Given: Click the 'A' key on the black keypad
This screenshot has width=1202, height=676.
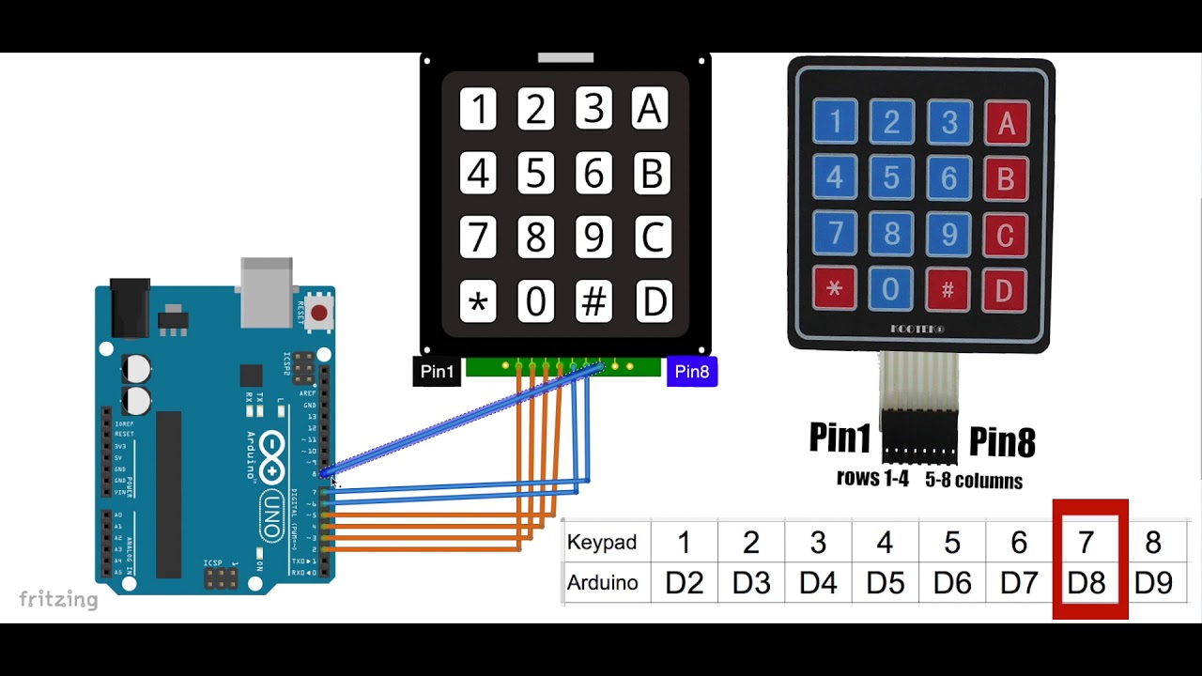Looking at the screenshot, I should [651, 110].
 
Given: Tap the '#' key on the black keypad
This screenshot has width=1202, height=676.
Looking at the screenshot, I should [593, 302].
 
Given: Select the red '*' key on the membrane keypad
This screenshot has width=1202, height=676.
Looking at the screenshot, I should [835, 290].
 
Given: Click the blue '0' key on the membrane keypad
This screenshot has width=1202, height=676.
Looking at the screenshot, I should [891, 290].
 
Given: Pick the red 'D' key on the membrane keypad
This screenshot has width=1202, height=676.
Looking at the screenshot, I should [1004, 290].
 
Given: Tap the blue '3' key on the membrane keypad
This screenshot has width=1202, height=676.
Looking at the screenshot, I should [949, 122].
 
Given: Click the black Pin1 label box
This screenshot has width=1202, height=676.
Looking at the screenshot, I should [437, 372].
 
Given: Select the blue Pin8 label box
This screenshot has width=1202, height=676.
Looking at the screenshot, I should [692, 372].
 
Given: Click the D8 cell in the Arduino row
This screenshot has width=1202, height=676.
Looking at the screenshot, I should [1086, 583].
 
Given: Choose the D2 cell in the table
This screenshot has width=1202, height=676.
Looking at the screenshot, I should [685, 583].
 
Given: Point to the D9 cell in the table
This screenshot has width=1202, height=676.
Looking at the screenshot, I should [1153, 583].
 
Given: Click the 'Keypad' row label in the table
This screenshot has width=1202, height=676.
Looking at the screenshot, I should [602, 543].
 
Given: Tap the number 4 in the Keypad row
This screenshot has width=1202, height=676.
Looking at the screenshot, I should [886, 543].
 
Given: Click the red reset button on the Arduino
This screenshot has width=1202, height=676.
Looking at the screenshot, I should [319, 313].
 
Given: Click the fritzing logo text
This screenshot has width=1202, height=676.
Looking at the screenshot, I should [58, 599].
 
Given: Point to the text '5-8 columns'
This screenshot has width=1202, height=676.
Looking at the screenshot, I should [974, 481].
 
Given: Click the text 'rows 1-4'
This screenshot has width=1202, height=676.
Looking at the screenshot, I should [872, 478].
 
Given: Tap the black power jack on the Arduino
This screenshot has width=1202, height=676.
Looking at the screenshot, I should [131, 307].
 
